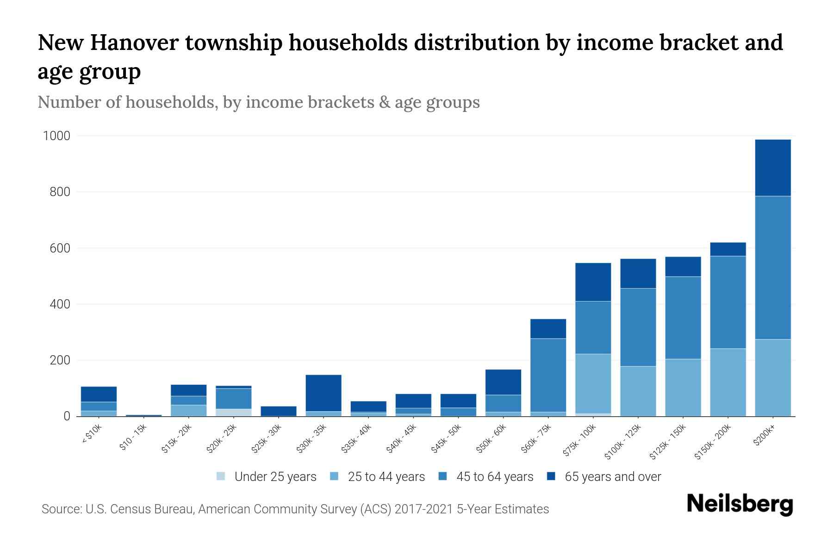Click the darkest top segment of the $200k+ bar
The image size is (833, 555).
(772, 167)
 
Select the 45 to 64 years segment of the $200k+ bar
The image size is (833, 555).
(772, 267)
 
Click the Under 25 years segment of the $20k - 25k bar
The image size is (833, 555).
(234, 412)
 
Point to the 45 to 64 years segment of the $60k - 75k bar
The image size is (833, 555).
(548, 375)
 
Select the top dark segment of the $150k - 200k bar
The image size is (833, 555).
(727, 249)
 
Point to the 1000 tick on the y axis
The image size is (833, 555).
(56, 136)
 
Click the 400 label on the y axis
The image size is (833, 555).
(60, 304)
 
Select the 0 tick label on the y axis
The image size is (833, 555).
(67, 416)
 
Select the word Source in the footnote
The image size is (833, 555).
(61, 509)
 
